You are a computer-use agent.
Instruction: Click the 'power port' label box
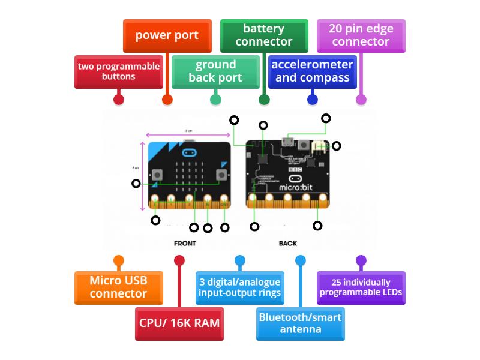click(x=167, y=35)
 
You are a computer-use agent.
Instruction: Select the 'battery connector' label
click(x=264, y=35)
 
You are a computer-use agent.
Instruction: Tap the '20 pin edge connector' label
click(x=361, y=35)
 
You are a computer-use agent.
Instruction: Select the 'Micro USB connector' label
click(x=118, y=287)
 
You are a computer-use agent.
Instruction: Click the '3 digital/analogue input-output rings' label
click(x=239, y=287)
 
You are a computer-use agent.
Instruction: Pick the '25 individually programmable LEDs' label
click(x=361, y=287)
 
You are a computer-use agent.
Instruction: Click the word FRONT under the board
click(x=185, y=244)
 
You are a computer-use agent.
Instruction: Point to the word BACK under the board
click(x=288, y=244)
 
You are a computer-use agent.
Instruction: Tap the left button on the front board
click(x=157, y=175)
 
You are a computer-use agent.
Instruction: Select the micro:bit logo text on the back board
click(x=295, y=188)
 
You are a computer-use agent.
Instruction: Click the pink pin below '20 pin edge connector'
click(x=361, y=100)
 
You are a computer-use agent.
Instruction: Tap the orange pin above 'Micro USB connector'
click(x=118, y=260)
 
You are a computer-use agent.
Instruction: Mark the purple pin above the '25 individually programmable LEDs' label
click(x=361, y=260)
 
